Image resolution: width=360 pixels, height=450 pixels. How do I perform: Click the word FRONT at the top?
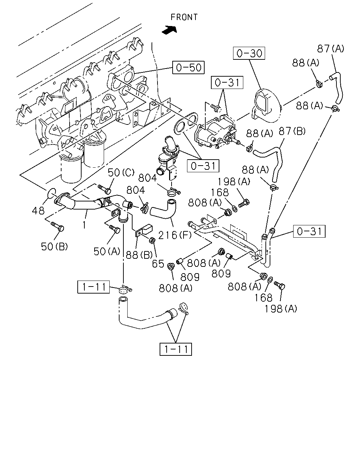coord(184,17)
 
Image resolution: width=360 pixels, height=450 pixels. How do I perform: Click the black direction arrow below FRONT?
coord(169,30)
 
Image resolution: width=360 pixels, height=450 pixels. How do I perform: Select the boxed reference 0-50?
coord(188,67)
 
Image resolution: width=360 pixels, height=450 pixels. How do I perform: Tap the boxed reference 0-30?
coord(249,53)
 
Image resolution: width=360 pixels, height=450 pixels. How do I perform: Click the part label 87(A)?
coord(330,49)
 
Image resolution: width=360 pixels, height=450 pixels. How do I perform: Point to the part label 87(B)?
coord(292,131)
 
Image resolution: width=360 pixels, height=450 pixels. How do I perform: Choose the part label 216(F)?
coord(175,235)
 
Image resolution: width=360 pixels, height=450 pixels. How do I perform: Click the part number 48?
coord(38,211)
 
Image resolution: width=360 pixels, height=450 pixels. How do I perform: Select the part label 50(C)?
coord(121,173)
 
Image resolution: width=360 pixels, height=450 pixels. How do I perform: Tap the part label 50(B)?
coord(54,247)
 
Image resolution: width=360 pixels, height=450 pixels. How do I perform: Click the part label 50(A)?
coord(107,251)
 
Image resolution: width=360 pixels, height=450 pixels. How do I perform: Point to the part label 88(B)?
coord(139,255)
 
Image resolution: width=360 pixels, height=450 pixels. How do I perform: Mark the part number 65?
coord(158,264)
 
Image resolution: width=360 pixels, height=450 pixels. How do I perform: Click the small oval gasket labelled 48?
coord(51,193)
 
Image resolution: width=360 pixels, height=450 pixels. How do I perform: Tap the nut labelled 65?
coord(152,240)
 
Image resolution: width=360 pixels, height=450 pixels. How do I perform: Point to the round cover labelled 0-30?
coord(267,106)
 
